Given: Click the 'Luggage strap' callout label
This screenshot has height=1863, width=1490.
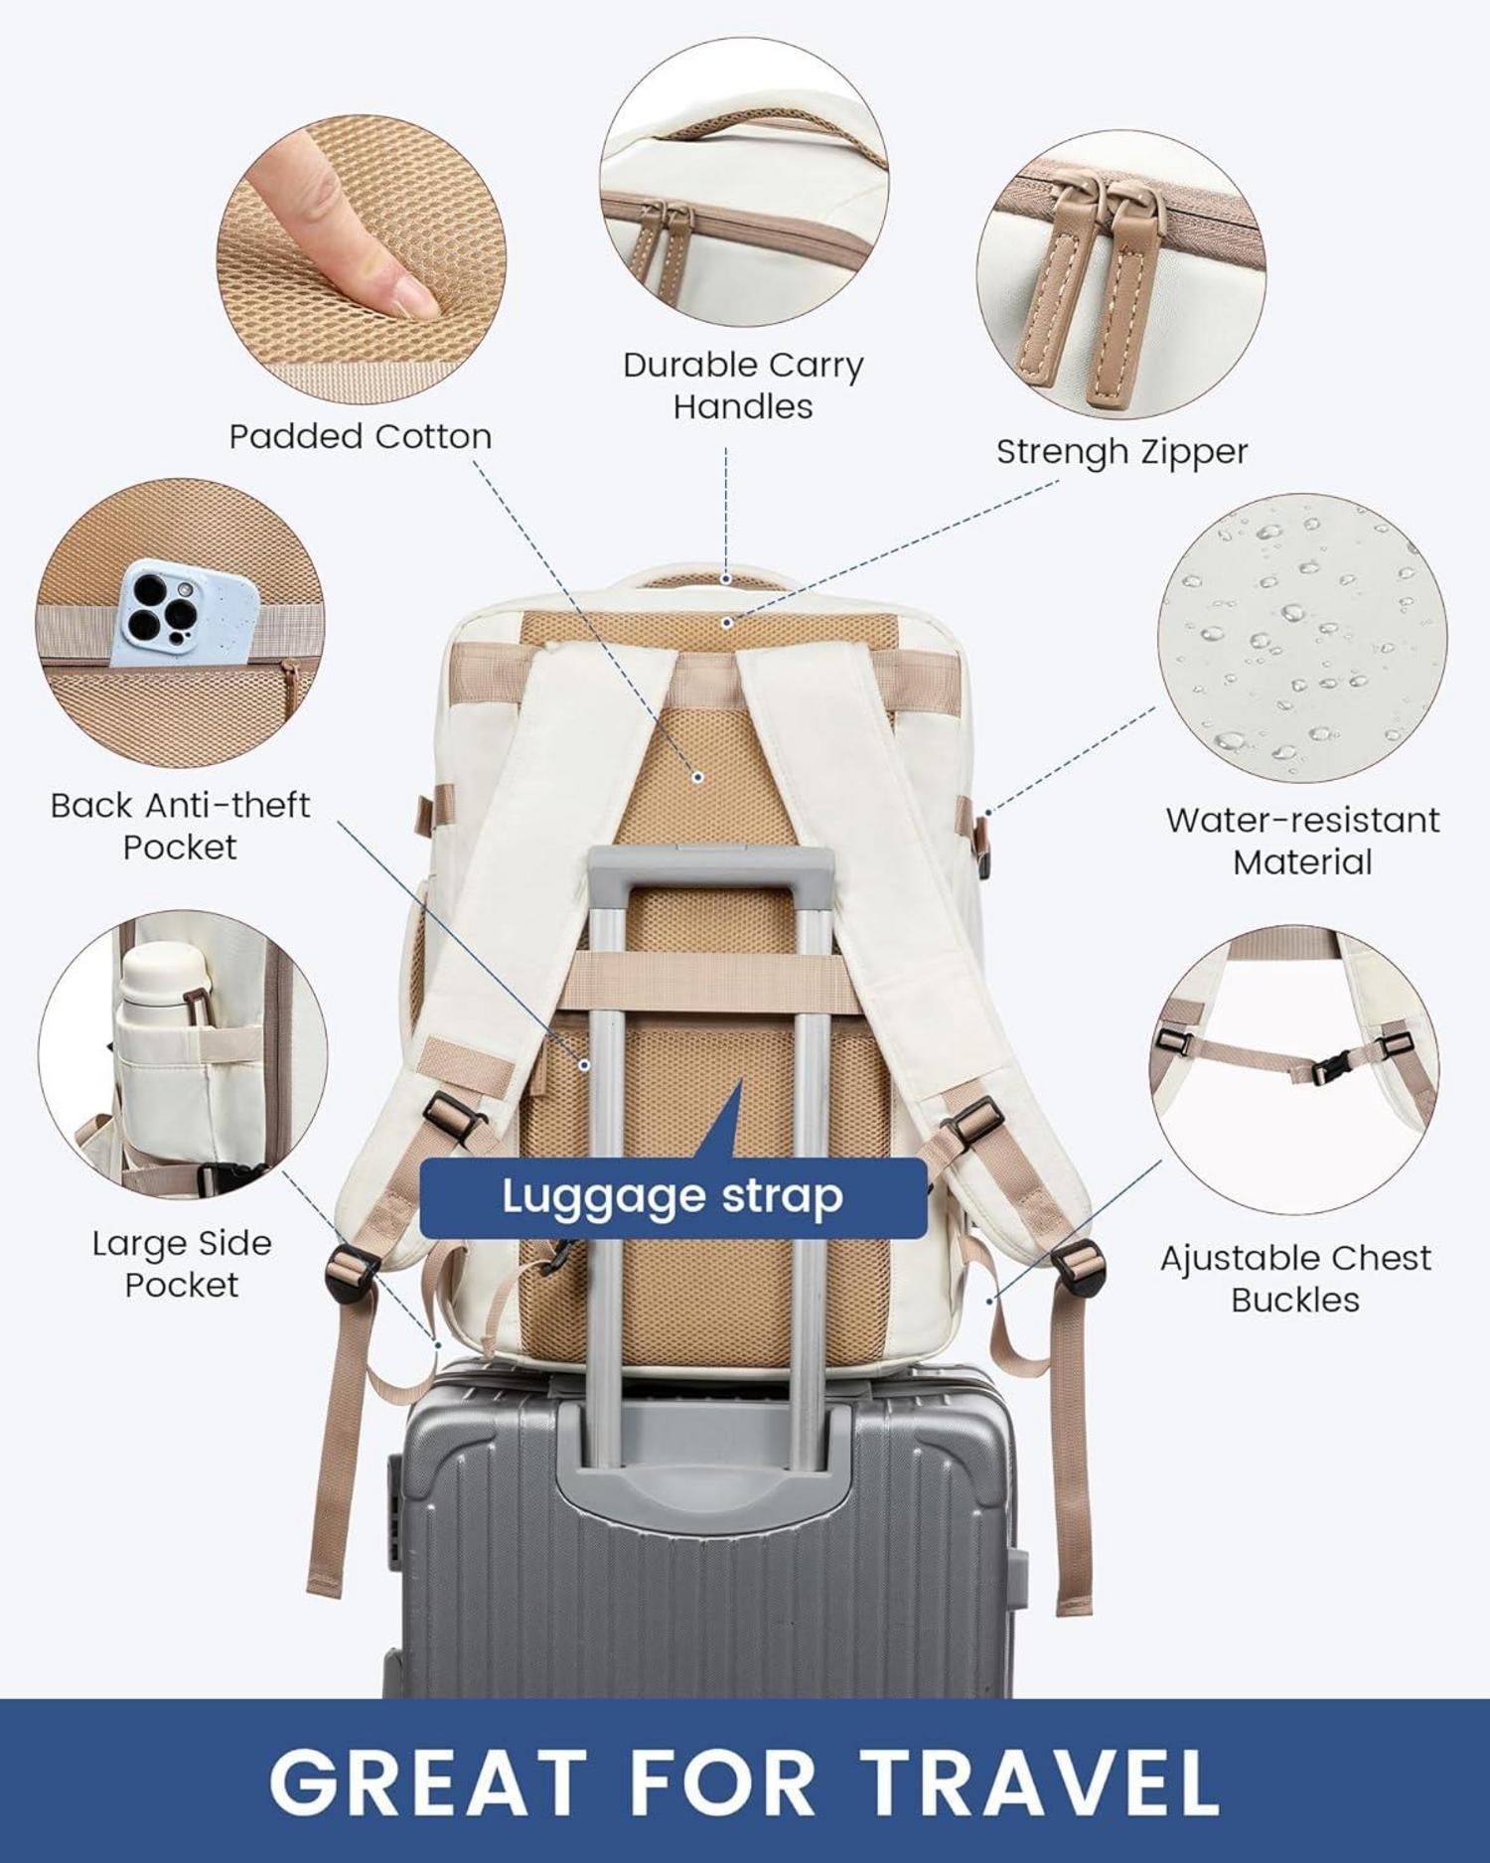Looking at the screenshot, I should pyautogui.click(x=672, y=1196).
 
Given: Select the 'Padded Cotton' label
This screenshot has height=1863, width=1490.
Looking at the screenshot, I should pyautogui.click(x=360, y=436).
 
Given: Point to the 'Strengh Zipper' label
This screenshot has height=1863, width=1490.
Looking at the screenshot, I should pyautogui.click(x=1121, y=451).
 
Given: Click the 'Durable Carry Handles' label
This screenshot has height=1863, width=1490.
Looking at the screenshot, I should pyautogui.click(x=743, y=386).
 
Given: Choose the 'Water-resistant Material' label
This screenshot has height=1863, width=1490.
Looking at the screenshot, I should pyautogui.click(x=1302, y=841).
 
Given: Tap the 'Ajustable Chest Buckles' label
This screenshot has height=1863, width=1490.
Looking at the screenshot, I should pyautogui.click(x=1295, y=1278).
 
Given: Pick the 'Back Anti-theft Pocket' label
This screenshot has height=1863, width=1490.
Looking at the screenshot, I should pyautogui.click(x=180, y=826).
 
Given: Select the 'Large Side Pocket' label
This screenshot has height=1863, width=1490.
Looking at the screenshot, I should pyautogui.click(x=182, y=1264).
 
